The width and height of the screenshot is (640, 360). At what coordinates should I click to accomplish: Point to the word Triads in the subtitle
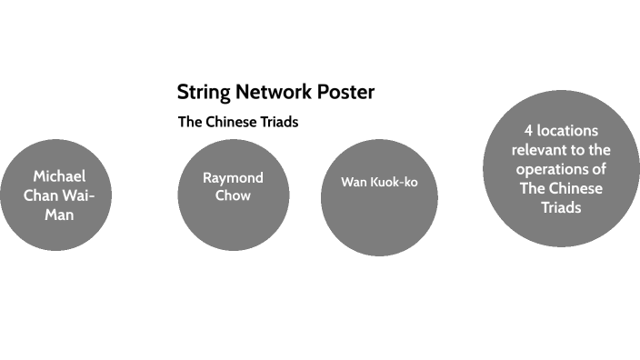280,122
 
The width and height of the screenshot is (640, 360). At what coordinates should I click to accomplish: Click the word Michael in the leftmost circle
59,176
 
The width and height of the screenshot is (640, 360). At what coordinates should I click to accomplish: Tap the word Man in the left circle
59,215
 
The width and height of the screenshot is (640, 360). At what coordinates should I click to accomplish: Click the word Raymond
233,177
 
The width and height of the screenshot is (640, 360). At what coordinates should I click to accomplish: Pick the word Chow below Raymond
233,195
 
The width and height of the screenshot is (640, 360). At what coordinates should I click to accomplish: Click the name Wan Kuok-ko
379,182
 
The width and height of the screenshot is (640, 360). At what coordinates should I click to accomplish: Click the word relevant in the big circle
537,149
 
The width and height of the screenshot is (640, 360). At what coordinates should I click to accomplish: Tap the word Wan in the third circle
353,182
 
